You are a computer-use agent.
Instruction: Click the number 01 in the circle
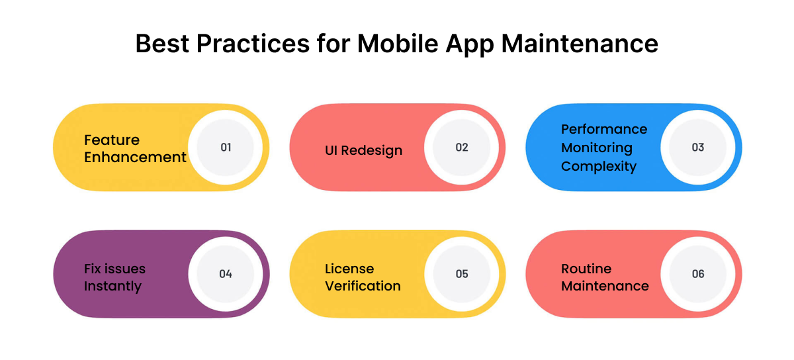point(226,148)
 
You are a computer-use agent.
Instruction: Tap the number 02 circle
point(462,148)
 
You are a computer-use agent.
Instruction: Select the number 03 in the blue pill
point(698,148)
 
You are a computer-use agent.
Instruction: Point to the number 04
point(226,274)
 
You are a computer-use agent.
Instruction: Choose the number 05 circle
point(462,274)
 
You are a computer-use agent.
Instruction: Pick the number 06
point(698,274)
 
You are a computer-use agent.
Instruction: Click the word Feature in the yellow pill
point(112,140)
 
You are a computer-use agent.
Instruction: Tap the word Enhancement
point(135,157)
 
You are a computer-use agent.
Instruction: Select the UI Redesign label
point(363,150)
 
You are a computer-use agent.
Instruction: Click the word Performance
point(604,129)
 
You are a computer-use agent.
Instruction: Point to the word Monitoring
point(597,148)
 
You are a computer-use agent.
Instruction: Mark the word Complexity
point(598,166)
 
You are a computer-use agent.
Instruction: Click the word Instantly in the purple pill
point(112,287)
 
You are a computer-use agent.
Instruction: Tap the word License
point(349,269)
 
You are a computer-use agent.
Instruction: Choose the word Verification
point(363,287)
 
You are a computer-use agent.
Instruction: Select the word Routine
point(586,269)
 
